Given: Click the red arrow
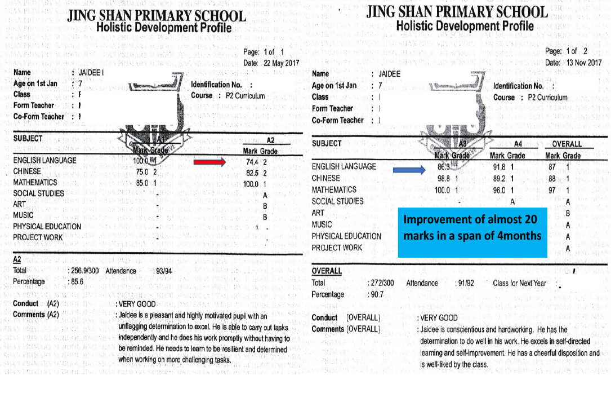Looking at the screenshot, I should click(x=209, y=162).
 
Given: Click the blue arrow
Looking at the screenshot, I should click(x=408, y=169).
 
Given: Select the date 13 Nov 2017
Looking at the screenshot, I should click(x=584, y=63).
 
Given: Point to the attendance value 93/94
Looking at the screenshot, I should click(x=164, y=271).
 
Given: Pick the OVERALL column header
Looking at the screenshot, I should click(x=567, y=144).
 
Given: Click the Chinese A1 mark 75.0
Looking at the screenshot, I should click(x=142, y=172).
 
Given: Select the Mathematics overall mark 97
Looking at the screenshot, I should click(x=552, y=190).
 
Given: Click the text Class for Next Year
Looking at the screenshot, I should click(x=519, y=283).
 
